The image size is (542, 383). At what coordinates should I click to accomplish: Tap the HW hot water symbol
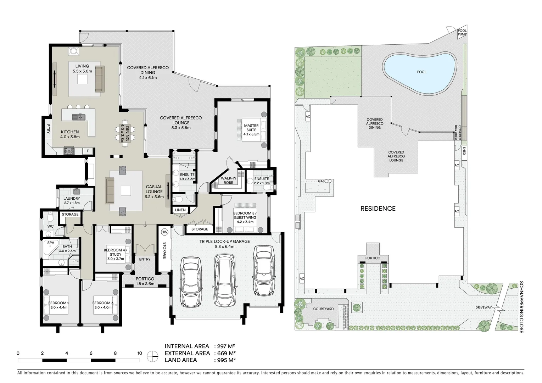pyautogui.click(x=164, y=232)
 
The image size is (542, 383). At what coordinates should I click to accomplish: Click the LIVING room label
pyautogui.click(x=82, y=66)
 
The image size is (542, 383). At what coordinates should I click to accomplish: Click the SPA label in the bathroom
pyautogui.click(x=51, y=243)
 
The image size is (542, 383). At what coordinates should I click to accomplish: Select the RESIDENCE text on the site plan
pyautogui.click(x=378, y=209)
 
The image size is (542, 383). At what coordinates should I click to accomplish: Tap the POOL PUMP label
pyautogui.click(x=462, y=33)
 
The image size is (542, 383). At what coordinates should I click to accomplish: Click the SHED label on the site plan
pyautogui.click(x=464, y=151)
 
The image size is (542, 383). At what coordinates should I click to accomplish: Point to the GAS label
pyautogui.click(x=321, y=181)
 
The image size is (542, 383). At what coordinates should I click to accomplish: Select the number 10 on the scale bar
pyautogui.click(x=140, y=353)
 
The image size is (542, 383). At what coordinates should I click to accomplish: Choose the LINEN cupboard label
pyautogui.click(x=180, y=210)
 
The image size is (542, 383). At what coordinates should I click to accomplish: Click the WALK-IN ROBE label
pyautogui.click(x=228, y=180)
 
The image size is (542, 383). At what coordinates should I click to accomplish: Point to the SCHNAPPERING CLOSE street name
pyautogui.click(x=521, y=307)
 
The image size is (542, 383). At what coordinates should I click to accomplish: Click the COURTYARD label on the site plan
pyautogui.click(x=323, y=309)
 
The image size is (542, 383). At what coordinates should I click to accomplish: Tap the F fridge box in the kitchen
pyautogui.click(x=88, y=151)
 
